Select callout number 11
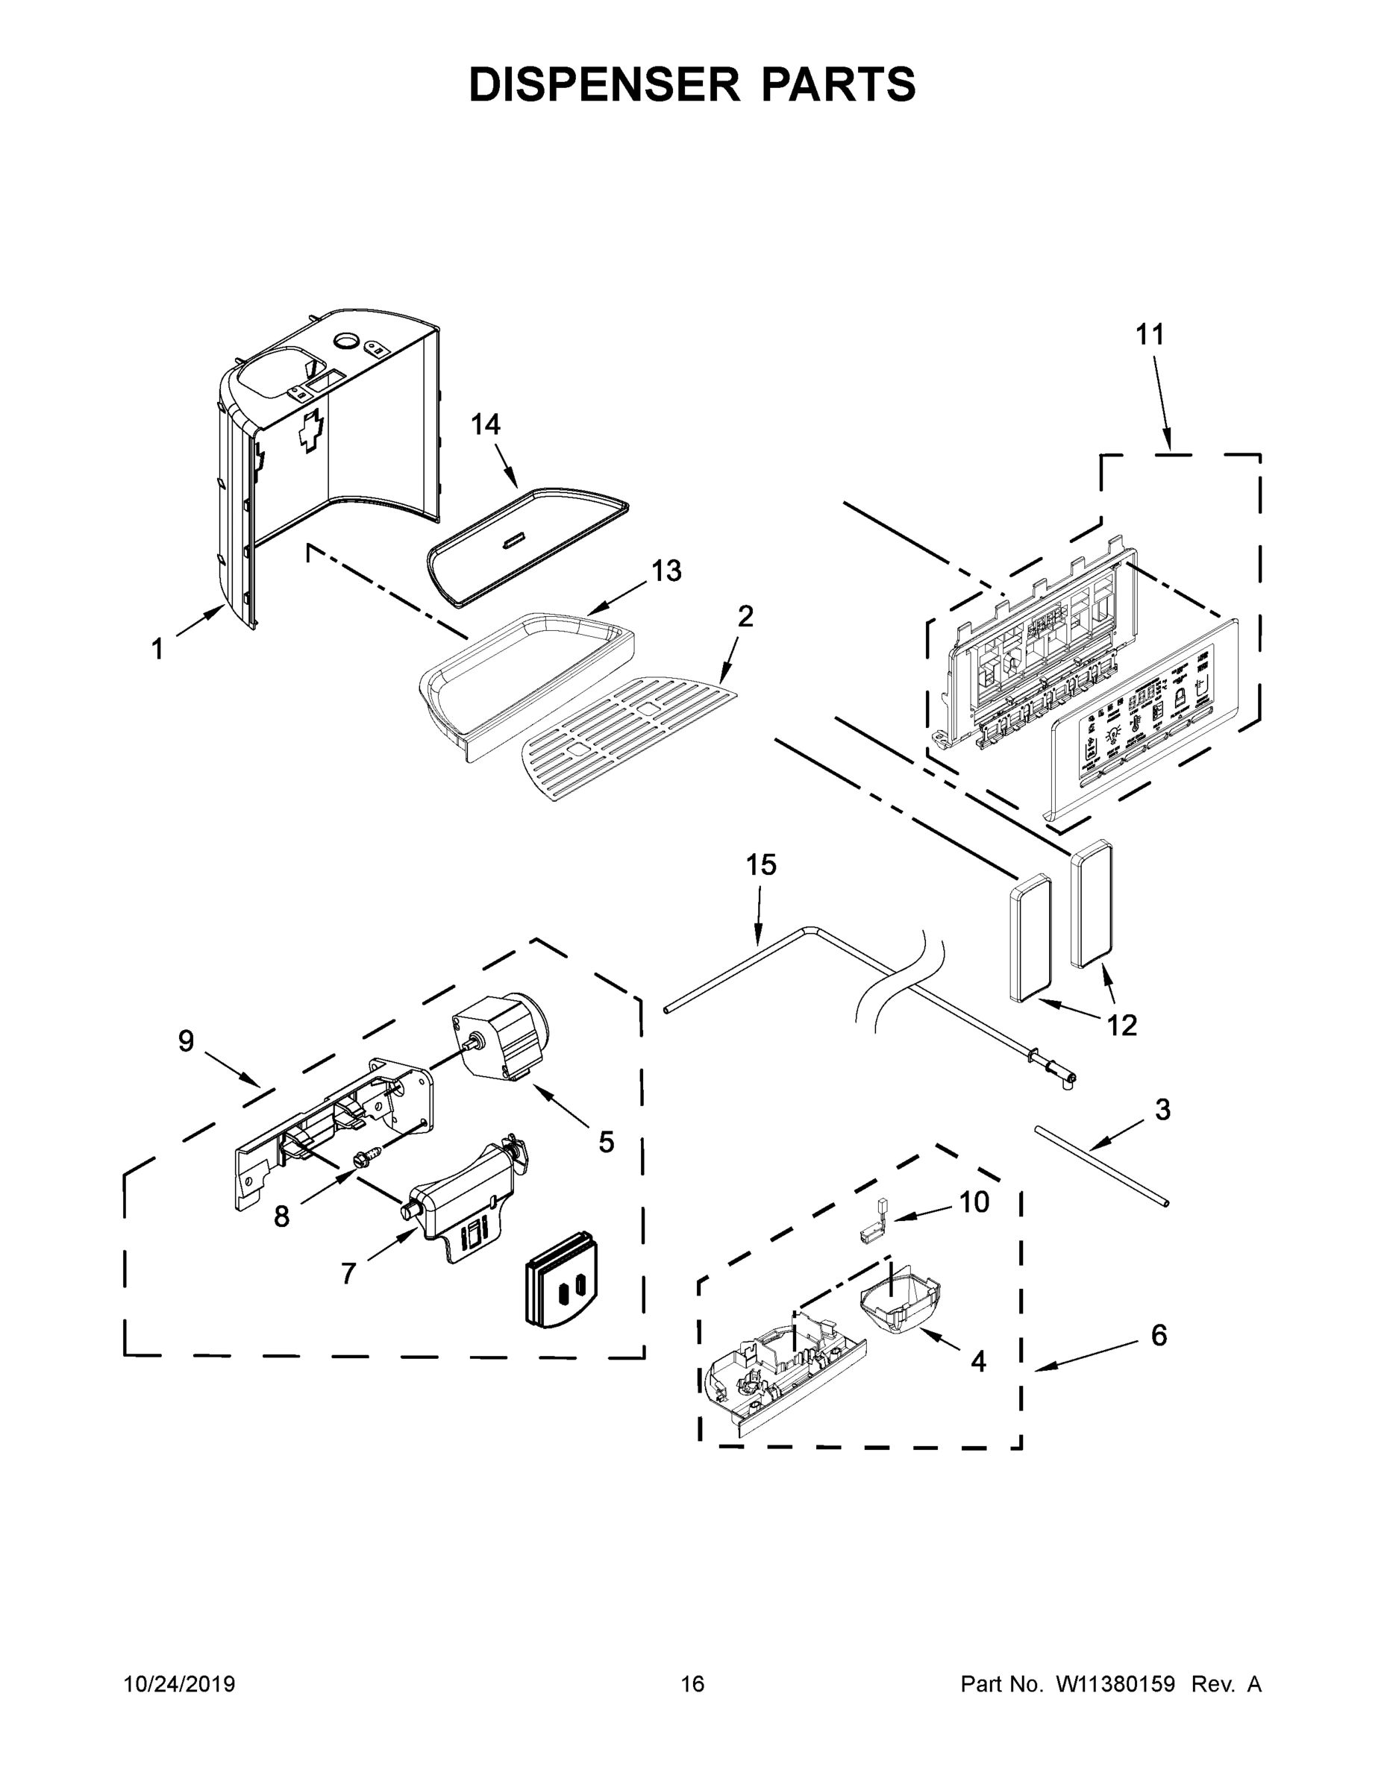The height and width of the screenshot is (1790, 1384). click(1150, 335)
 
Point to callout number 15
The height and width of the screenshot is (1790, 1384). click(761, 864)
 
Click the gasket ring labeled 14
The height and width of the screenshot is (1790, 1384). click(529, 544)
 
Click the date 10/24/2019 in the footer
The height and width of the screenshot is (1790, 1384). click(180, 1684)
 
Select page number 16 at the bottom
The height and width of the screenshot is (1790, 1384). click(692, 1684)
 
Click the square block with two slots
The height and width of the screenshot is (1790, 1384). click(561, 1290)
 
